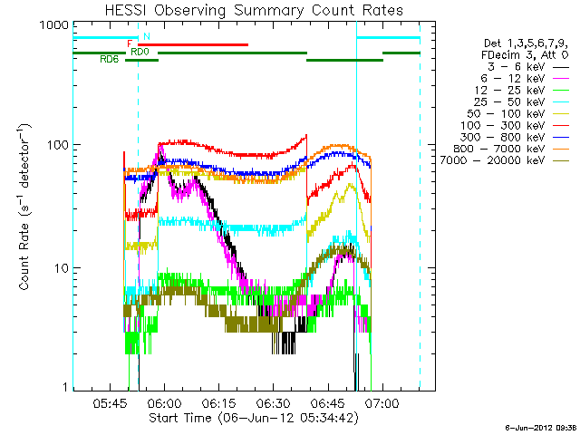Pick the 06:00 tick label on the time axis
(164, 403)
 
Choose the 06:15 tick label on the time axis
(218, 403)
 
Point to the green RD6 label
(108, 60)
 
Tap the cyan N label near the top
(146, 36)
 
